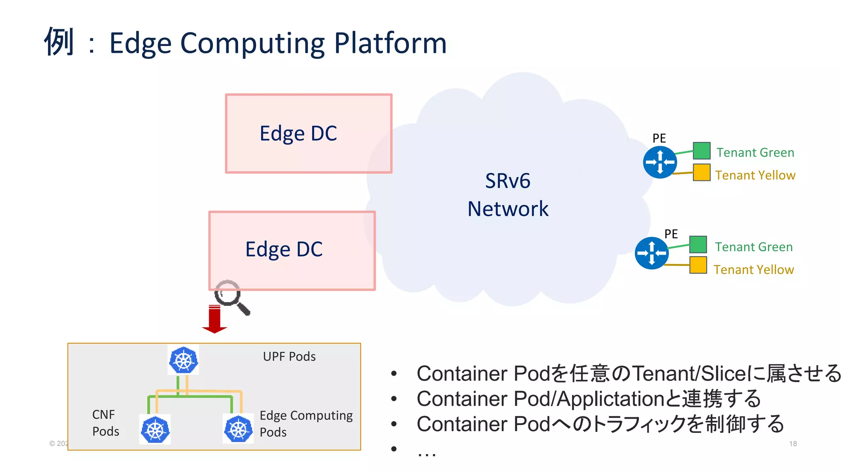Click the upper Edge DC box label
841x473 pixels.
[x=298, y=133]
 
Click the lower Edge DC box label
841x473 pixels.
[x=284, y=249]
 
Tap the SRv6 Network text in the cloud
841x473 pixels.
[x=508, y=195]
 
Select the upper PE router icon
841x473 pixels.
[x=660, y=162]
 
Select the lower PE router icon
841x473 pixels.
[x=652, y=253]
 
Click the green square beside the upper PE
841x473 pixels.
[x=701, y=151]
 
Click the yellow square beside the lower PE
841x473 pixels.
[x=698, y=265]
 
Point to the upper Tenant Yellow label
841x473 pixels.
[x=755, y=175]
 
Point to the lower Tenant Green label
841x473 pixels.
[x=754, y=247]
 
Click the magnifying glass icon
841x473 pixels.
[x=231, y=297]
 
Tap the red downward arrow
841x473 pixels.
[x=214, y=319]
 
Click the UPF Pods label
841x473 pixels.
[x=289, y=356]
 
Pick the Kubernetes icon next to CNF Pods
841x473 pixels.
[x=155, y=429]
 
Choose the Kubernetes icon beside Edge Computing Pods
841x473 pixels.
[x=238, y=429]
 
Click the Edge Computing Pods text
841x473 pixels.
[x=306, y=423]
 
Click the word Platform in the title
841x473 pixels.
[x=390, y=43]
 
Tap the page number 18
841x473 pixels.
[x=793, y=444]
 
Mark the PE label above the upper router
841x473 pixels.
[x=659, y=138]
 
